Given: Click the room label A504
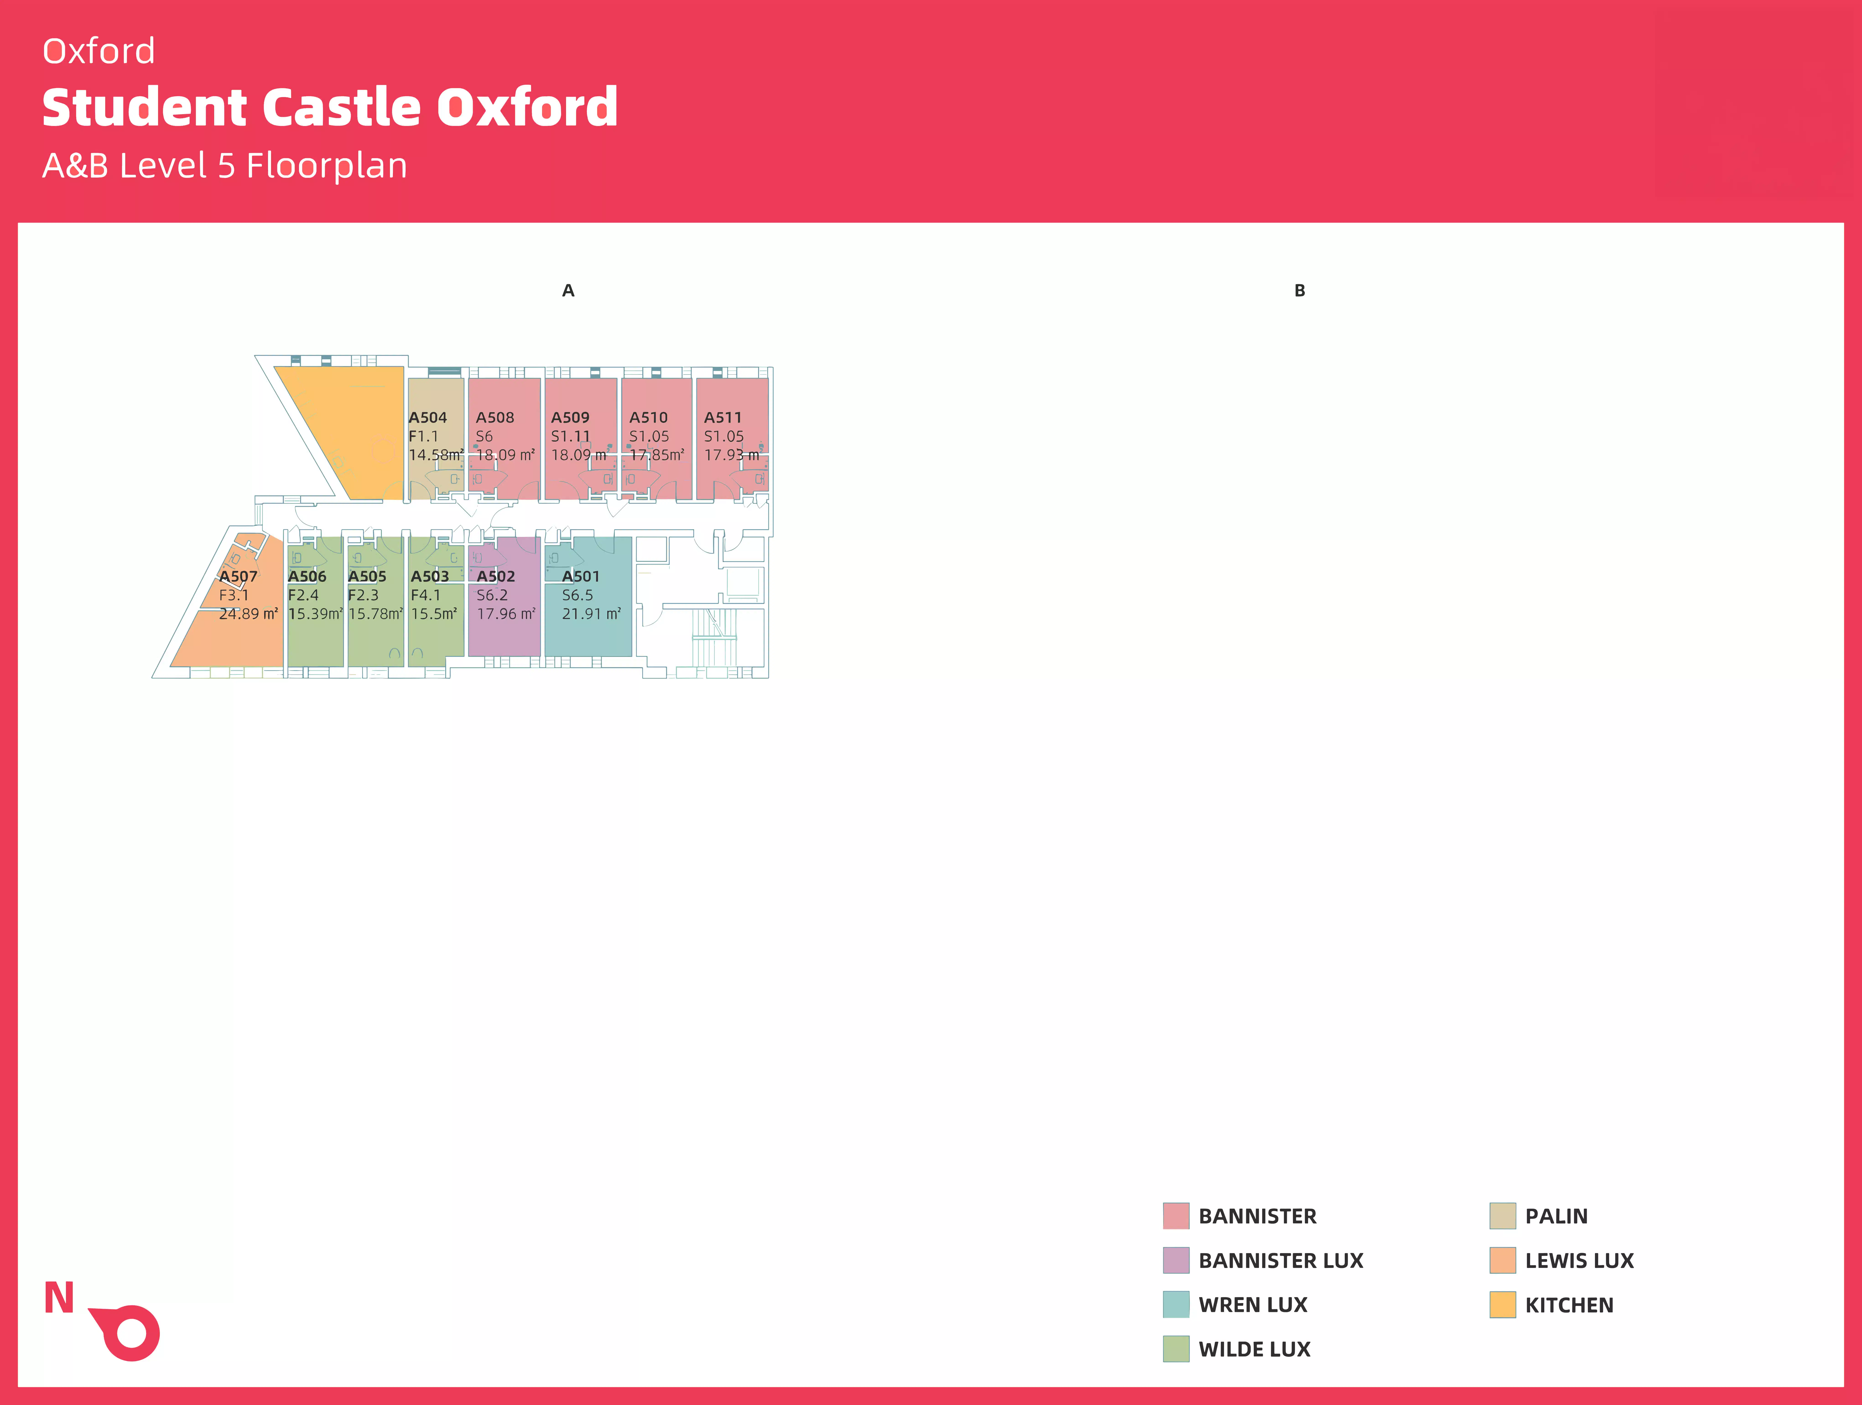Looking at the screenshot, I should (x=428, y=418).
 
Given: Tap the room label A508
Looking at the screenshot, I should (x=495, y=418).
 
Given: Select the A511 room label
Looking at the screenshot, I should (x=723, y=418).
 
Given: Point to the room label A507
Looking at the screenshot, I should (x=238, y=577).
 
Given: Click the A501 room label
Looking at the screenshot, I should (x=581, y=577).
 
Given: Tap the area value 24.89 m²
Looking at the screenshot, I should (x=248, y=614).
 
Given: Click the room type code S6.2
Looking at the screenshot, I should (x=492, y=595).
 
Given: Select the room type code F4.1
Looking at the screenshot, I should (x=426, y=595).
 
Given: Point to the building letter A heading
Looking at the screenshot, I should (x=568, y=290).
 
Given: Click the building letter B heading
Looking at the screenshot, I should (x=1300, y=290).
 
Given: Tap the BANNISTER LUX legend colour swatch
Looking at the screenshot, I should (x=1176, y=1260).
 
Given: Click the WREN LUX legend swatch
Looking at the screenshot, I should (x=1176, y=1305).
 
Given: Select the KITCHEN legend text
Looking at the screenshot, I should (x=1569, y=1305).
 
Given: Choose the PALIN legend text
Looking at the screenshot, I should (x=1556, y=1216).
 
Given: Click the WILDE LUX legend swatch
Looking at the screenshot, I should (x=1176, y=1349).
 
